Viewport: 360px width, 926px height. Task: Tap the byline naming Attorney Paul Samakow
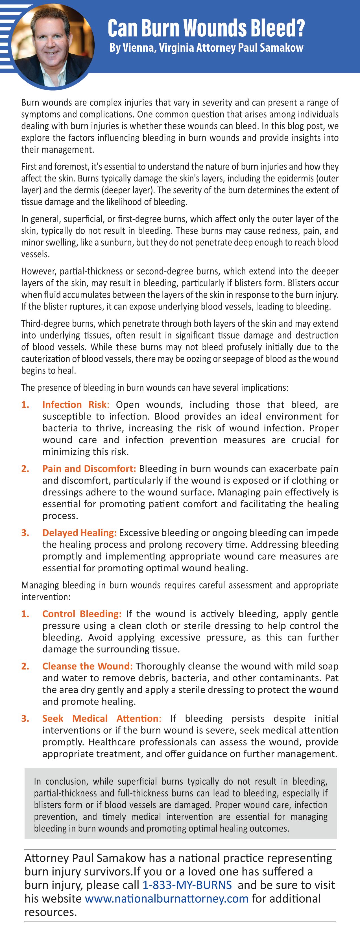[x=206, y=48]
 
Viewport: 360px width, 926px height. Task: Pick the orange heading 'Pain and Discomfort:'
[x=89, y=469]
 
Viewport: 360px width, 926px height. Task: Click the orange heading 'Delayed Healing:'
[x=79, y=533]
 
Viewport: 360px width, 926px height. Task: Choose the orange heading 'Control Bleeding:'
[x=82, y=614]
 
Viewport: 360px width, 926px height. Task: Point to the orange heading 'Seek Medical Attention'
[x=100, y=719]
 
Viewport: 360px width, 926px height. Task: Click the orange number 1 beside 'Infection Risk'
[x=25, y=405]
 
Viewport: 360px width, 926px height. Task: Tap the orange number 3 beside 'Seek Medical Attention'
[x=25, y=719]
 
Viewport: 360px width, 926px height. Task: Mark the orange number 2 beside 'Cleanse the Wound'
[x=25, y=666]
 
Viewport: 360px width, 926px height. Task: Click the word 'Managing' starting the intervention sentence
[x=40, y=585]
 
